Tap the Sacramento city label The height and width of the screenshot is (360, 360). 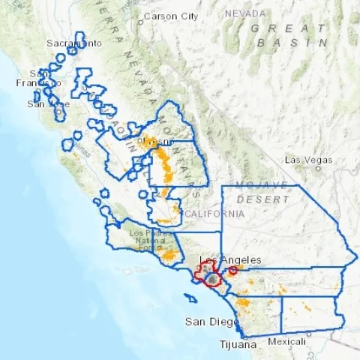click(74, 43)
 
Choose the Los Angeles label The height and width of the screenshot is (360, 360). click(230, 259)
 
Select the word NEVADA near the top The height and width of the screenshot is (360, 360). click(246, 13)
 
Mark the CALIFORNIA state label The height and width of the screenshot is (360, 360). click(214, 214)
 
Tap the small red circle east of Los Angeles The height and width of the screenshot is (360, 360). click(233, 270)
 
